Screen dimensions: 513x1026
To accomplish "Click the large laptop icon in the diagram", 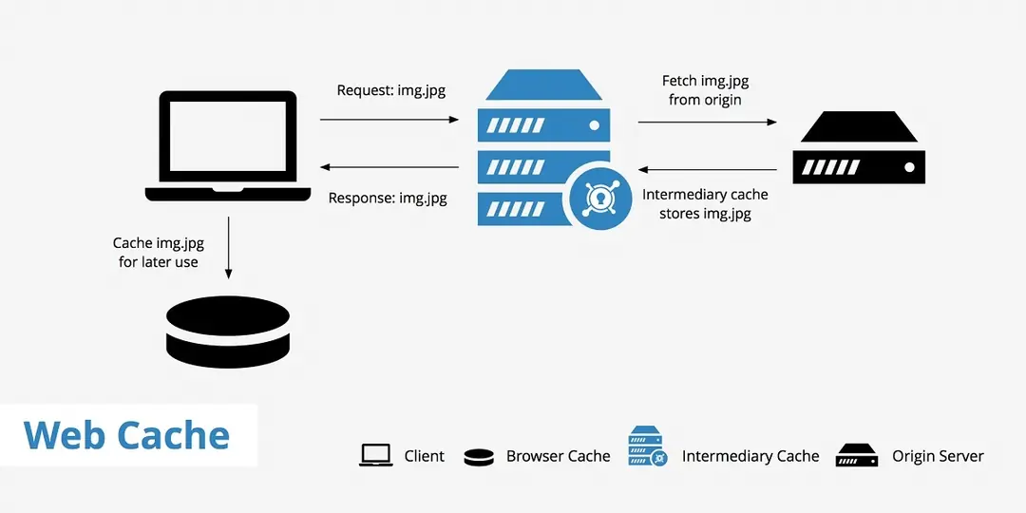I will tap(228, 145).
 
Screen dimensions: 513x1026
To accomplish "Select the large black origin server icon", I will tap(859, 149).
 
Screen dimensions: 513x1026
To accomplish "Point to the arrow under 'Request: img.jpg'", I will tap(389, 120).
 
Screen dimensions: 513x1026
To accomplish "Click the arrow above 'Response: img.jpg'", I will tap(389, 168).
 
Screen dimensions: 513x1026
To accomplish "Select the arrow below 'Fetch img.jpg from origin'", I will tap(707, 123).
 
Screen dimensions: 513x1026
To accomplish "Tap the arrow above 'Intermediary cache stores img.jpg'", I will tap(707, 170).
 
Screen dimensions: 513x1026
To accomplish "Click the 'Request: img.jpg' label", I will tap(391, 91).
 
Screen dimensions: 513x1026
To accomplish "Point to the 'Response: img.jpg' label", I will tap(388, 199).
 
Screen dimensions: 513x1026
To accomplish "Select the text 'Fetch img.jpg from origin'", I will tap(705, 90).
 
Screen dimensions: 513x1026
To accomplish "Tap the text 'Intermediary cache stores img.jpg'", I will tap(705, 204).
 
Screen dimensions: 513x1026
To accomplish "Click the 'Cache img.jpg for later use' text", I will tap(159, 253).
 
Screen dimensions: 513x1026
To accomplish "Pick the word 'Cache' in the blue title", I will tap(174, 435).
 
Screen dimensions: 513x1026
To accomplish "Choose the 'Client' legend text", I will tap(424, 456).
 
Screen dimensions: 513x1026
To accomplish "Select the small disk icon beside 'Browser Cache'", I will tap(479, 457).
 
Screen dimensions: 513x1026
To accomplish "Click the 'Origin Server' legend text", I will tap(938, 456).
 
